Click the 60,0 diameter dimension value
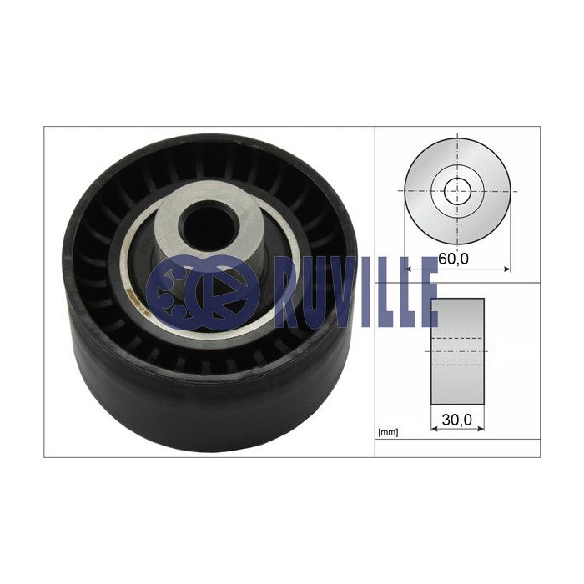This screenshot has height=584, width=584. tap(453, 259)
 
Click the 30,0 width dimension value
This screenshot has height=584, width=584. tap(457, 420)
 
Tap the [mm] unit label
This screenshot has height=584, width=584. tap(388, 432)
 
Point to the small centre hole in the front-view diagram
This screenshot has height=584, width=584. tap(457, 191)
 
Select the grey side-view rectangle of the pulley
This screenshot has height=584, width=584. tap(457, 351)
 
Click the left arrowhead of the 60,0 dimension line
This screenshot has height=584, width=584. tap(407, 269)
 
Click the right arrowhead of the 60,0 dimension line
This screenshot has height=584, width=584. tap(507, 269)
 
